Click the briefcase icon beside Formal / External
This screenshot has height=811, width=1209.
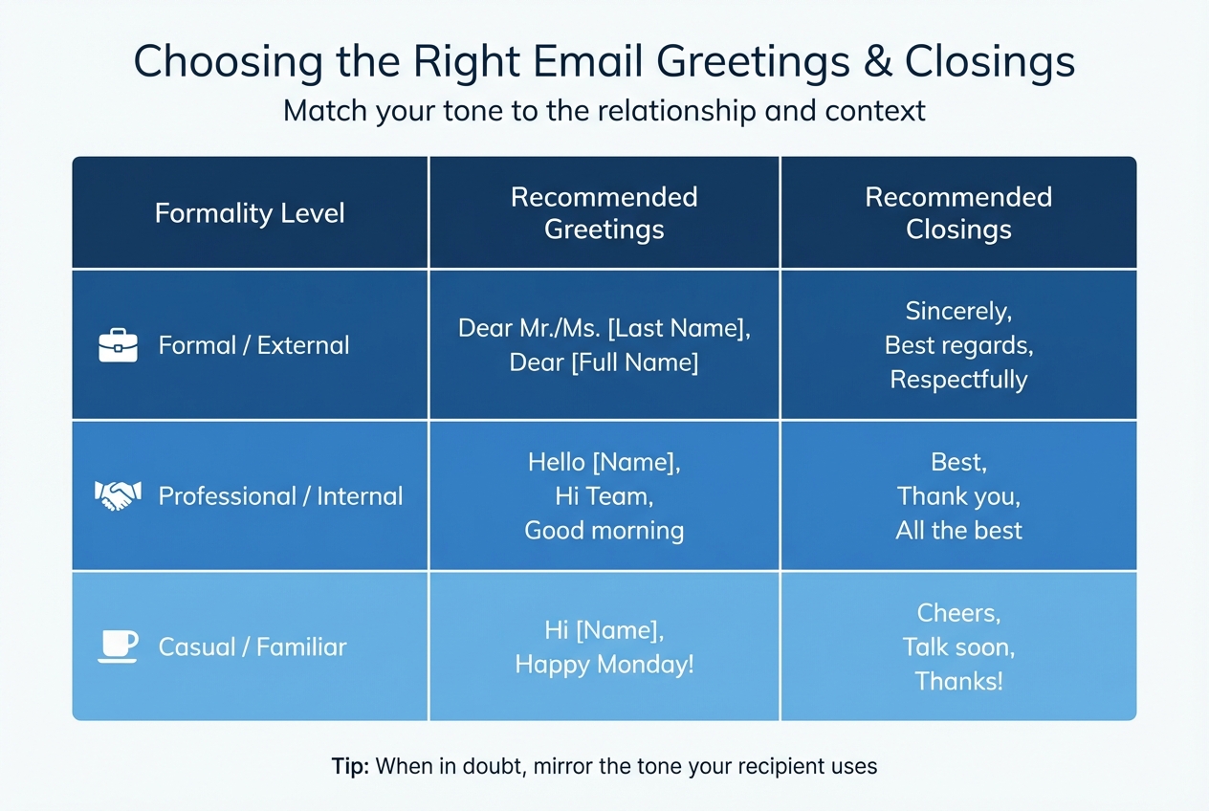point(119,345)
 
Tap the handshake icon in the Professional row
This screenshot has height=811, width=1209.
point(119,495)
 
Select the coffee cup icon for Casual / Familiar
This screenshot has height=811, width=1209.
point(119,646)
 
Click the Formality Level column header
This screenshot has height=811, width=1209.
point(250,212)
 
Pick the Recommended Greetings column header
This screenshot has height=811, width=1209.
point(604,212)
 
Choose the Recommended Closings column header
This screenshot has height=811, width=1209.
point(958,212)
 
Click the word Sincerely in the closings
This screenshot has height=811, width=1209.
point(958,311)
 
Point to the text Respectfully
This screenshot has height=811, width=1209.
point(958,380)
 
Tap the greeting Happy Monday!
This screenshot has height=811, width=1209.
point(604,664)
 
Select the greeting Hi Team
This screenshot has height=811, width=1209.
point(604,496)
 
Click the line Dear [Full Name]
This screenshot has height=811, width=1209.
point(604,362)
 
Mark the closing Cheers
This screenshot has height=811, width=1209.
point(958,612)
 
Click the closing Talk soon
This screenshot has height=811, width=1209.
point(958,647)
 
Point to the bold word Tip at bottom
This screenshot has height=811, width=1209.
point(350,766)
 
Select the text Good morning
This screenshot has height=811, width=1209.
point(604,530)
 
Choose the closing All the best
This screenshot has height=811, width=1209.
point(958,530)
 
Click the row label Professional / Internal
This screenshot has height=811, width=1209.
point(280,495)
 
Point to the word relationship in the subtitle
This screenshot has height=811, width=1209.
point(668,111)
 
